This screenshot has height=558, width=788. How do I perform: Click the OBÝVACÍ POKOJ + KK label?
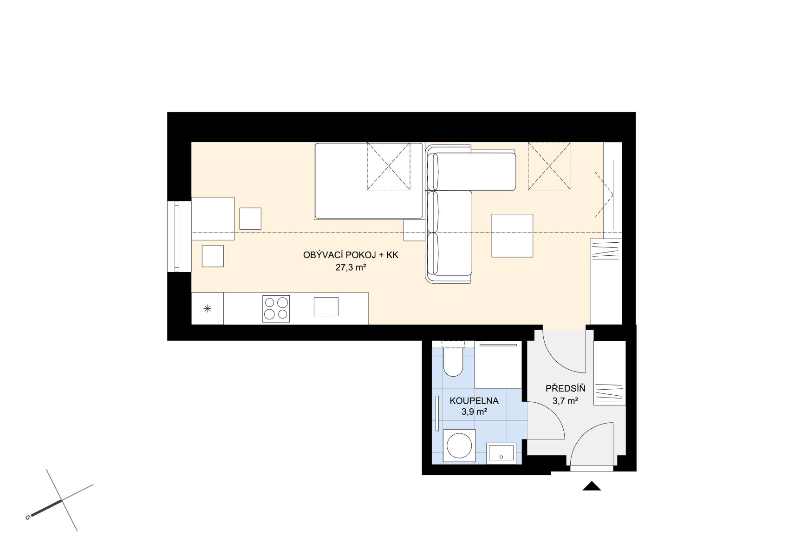(x=351, y=255)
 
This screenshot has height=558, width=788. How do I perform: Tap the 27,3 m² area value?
(x=351, y=267)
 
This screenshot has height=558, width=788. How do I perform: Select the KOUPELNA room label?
(x=474, y=400)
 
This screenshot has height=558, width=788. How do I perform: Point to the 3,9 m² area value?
(x=474, y=412)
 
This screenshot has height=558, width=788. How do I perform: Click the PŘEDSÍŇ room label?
(x=565, y=388)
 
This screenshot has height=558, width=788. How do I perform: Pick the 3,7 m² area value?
(x=565, y=400)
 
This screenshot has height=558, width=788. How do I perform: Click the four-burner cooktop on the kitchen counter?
(x=276, y=309)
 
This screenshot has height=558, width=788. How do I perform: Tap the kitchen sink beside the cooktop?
(x=326, y=306)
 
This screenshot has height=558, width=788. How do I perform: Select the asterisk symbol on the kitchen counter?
(x=208, y=309)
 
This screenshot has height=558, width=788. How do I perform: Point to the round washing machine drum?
(x=459, y=445)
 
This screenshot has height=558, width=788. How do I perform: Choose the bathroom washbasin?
(x=501, y=453)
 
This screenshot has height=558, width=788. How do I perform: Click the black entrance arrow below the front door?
(x=592, y=486)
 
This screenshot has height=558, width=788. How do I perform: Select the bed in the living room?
(x=368, y=181)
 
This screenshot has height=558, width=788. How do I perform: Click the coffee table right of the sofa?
(x=512, y=236)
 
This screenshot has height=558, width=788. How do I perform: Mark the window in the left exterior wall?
(x=174, y=236)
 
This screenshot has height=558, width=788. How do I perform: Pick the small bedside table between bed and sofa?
(x=414, y=230)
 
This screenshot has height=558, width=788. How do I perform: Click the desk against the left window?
(x=213, y=219)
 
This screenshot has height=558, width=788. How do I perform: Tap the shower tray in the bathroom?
(x=498, y=364)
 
